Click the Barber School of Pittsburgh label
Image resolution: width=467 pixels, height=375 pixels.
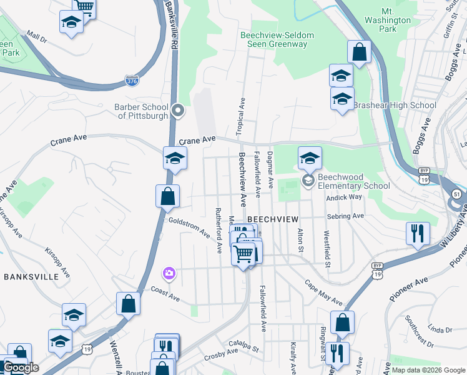[141, 111]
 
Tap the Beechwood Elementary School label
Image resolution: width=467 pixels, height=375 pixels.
[353, 181]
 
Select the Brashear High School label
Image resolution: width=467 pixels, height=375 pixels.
[395, 105]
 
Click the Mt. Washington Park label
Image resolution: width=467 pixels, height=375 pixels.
[396, 20]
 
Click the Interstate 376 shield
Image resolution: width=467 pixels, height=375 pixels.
[132, 81]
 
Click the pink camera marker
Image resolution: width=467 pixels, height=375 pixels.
[169, 273]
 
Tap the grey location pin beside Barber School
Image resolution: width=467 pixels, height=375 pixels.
[178, 111]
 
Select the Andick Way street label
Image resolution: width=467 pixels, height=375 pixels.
[344, 197]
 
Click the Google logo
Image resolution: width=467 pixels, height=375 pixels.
[21, 367]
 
